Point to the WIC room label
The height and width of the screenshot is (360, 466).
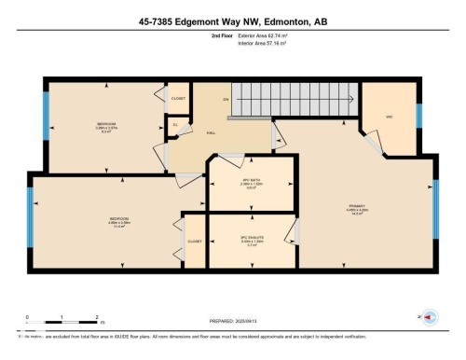tap(390, 117)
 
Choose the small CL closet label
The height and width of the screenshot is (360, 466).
tap(174, 124)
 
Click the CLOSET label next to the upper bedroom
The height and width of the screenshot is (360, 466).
tap(179, 98)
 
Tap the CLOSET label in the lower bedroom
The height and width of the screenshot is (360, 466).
tap(195, 241)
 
